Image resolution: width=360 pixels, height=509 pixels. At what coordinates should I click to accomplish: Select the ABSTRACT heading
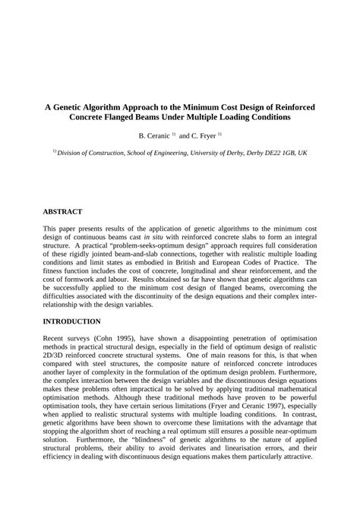point(62,210)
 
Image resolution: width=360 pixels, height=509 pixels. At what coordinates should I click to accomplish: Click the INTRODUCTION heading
point(71,321)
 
